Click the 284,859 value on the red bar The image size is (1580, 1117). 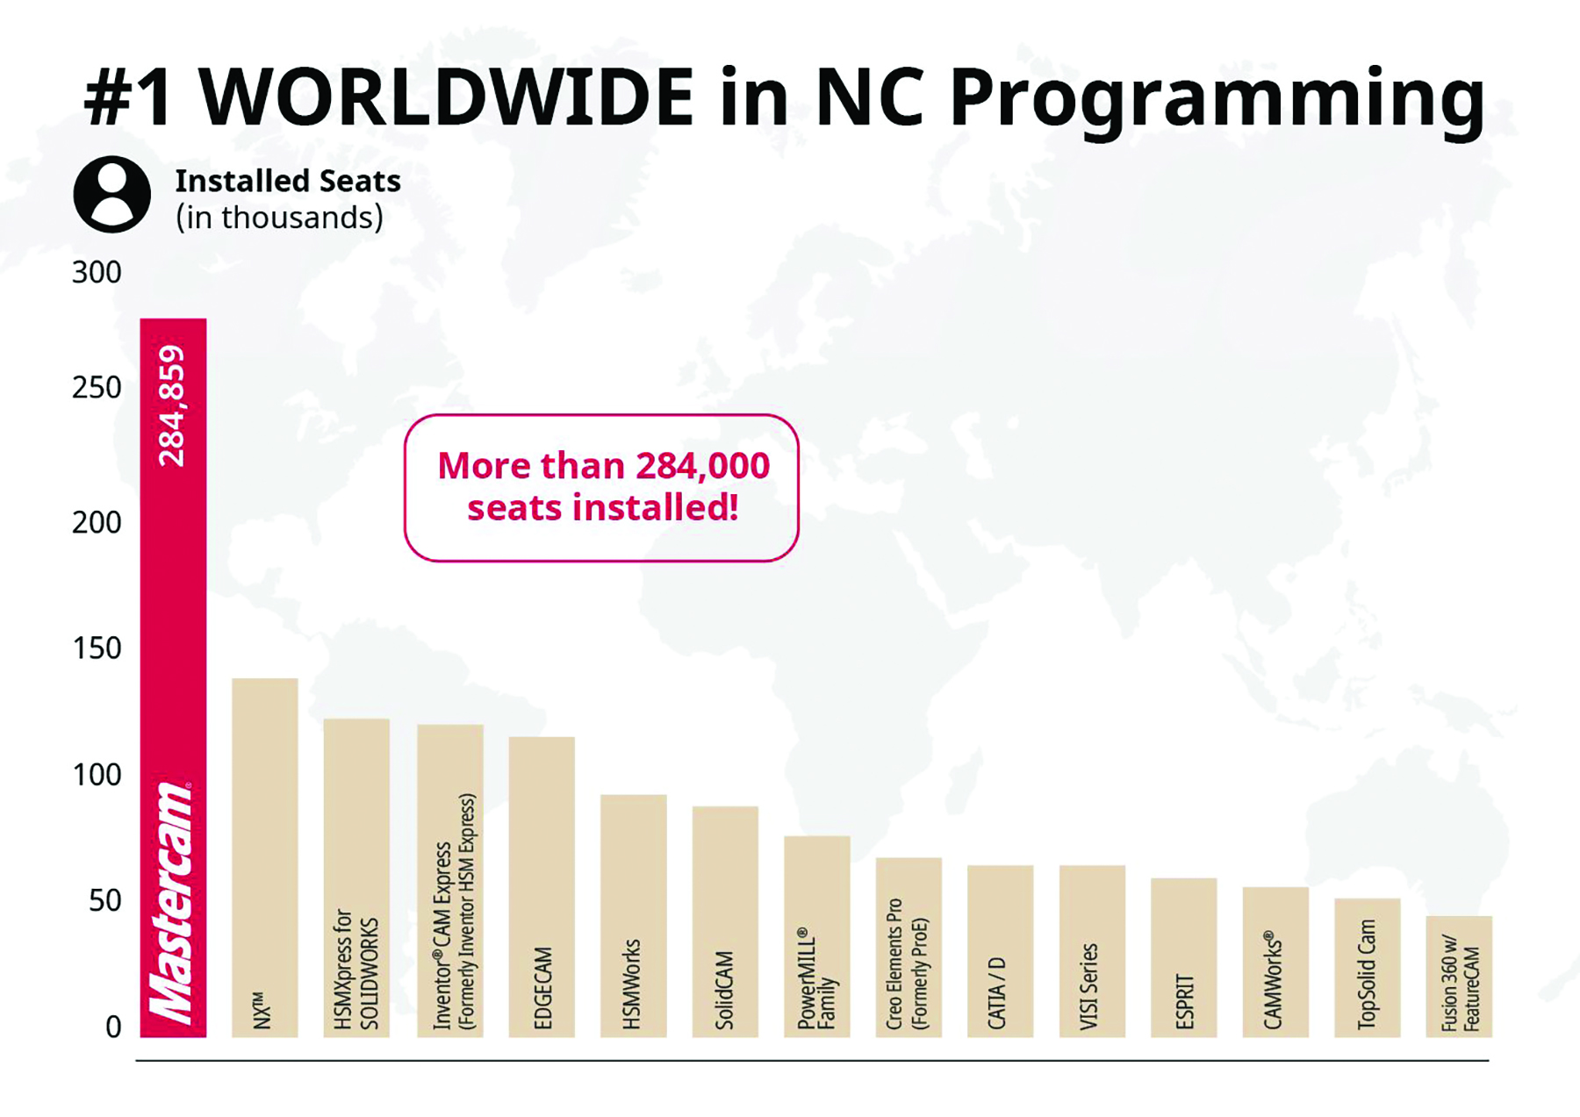click(172, 406)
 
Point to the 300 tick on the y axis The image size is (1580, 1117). click(97, 273)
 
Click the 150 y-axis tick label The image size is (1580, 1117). click(97, 648)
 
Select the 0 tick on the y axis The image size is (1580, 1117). click(113, 1027)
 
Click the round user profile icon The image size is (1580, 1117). click(111, 195)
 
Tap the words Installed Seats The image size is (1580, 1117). click(288, 181)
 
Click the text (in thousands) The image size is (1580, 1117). click(279, 218)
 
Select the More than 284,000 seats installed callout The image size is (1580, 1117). click(601, 488)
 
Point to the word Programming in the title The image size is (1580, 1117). click(1217, 98)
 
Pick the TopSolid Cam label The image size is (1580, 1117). click(1367, 974)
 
